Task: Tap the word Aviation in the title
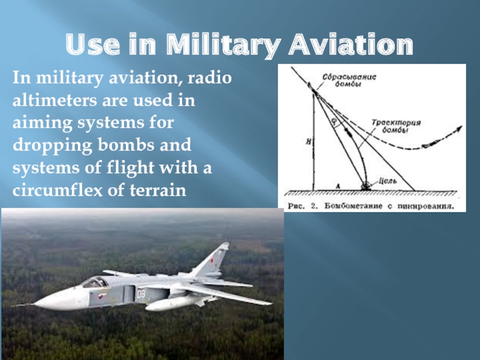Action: (x=351, y=44)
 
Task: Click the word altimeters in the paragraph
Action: (x=55, y=100)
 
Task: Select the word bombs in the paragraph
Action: (x=127, y=145)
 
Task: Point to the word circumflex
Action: (x=57, y=190)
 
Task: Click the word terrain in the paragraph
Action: (x=158, y=190)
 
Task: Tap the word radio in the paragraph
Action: (x=209, y=77)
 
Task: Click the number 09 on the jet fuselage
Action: (x=141, y=294)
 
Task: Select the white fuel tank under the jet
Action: (x=172, y=303)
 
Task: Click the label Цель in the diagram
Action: (x=388, y=181)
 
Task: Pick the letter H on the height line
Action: (x=308, y=142)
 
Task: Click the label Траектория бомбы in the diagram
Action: (x=396, y=126)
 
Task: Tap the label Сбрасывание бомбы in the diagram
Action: (x=349, y=80)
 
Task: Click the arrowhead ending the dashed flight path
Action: (x=458, y=128)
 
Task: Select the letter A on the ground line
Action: (x=338, y=186)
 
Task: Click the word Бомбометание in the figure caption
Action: (x=353, y=206)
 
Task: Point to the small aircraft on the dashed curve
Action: (x=431, y=143)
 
